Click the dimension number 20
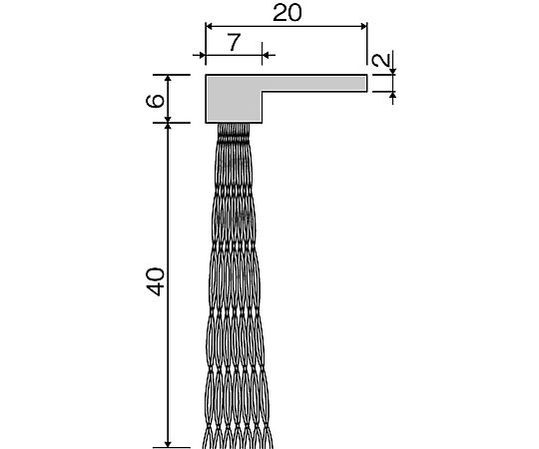point(287,13)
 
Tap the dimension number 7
point(234,42)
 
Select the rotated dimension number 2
point(382,60)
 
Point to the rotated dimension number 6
point(155,101)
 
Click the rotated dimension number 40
point(155,281)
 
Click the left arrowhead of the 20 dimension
point(209,27)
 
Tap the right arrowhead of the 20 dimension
point(364,27)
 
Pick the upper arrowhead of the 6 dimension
point(168,78)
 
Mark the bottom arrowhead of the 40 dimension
point(168,443)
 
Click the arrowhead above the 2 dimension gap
point(393,72)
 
